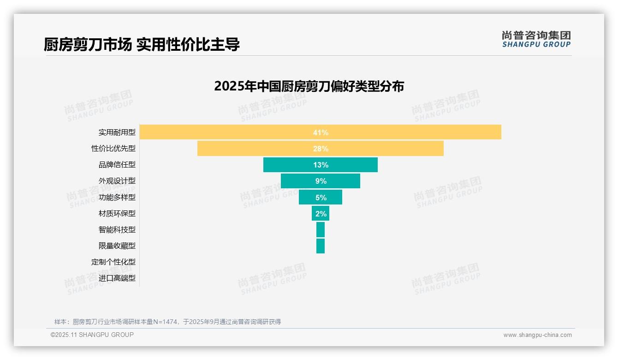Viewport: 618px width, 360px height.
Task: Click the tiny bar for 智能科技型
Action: coord(321,229)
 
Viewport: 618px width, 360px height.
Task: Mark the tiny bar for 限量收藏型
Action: coord(321,246)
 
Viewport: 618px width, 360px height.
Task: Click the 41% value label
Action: coord(321,132)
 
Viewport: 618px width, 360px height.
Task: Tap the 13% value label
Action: coord(321,165)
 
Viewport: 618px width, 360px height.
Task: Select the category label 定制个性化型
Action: coord(113,262)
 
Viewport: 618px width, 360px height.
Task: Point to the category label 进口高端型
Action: coord(117,278)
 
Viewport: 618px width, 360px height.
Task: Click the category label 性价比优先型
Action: coord(113,149)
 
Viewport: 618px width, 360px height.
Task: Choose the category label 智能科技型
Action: coord(117,229)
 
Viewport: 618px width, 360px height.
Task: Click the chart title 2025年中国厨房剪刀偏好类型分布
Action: coord(309,86)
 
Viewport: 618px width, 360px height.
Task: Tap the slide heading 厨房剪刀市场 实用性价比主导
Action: coord(142,45)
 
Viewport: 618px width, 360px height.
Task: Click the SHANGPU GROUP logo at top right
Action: coord(536,39)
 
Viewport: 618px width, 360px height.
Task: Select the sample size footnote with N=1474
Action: coord(167,322)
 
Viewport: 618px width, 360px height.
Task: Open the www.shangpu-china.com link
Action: coord(537,335)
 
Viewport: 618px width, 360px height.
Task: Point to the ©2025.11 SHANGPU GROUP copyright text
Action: coord(92,335)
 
